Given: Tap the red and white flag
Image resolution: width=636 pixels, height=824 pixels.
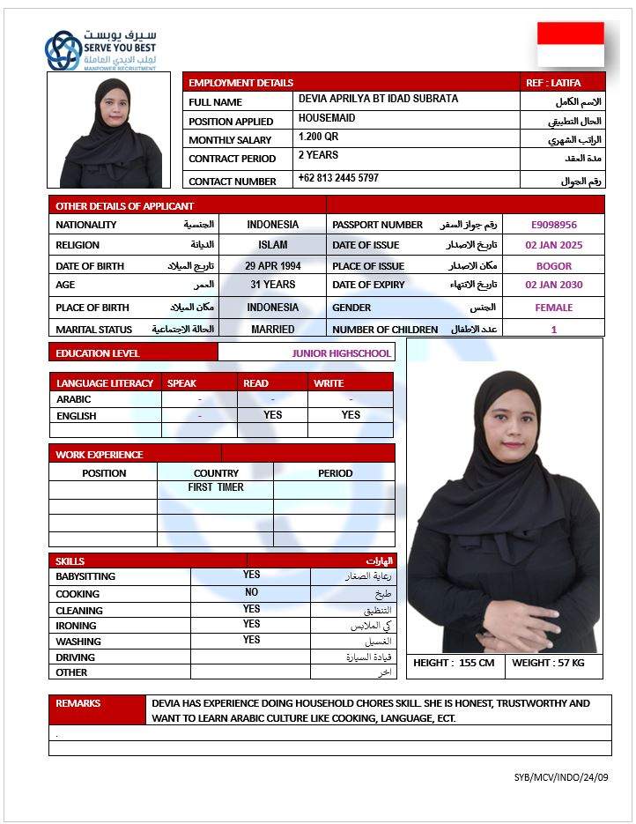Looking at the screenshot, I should click(x=571, y=44).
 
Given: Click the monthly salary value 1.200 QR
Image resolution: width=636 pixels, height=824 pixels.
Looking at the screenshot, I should click(x=318, y=137).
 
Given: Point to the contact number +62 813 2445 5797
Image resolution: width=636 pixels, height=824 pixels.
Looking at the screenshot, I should click(x=338, y=178).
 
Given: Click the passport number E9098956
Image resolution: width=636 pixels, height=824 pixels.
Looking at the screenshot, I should click(x=553, y=225).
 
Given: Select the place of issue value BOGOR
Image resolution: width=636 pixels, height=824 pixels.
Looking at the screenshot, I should click(x=553, y=265).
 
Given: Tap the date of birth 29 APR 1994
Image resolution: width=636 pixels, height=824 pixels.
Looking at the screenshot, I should click(x=272, y=265).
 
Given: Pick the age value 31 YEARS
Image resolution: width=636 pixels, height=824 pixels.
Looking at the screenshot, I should click(x=272, y=285).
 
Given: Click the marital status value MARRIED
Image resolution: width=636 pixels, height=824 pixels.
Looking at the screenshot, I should click(x=272, y=329).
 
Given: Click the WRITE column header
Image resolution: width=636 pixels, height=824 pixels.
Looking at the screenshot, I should click(x=329, y=383).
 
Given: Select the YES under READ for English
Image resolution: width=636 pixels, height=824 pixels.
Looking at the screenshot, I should click(x=272, y=415).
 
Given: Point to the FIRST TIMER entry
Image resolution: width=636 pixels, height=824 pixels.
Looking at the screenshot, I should click(x=216, y=487).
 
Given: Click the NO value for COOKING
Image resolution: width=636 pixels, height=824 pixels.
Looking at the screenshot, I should click(x=252, y=593).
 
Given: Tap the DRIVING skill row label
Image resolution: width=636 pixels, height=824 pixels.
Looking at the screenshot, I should click(x=76, y=657).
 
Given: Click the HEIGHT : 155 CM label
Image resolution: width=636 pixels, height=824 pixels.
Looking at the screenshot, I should click(x=454, y=663).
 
